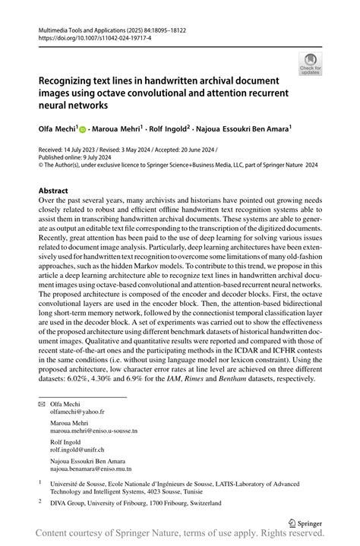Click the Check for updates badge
(x=310, y=65)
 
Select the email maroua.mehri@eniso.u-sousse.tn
(x=93, y=431)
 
